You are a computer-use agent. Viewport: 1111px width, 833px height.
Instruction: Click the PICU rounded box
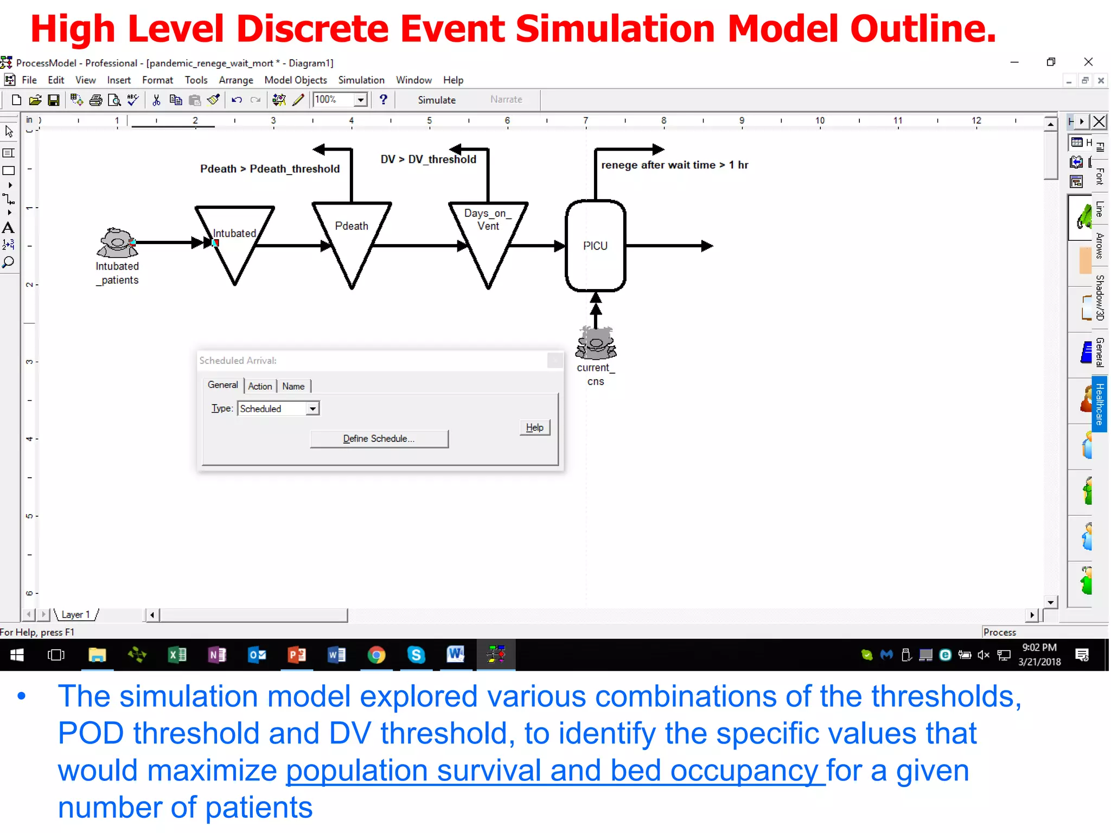coord(595,246)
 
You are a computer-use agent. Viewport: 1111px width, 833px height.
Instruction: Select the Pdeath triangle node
coord(352,239)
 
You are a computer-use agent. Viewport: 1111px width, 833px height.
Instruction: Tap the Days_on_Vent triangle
coord(488,239)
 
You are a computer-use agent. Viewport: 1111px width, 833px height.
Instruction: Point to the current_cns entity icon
coord(596,343)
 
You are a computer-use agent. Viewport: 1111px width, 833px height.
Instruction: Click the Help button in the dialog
coord(534,427)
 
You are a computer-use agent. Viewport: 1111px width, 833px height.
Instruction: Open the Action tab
coord(260,386)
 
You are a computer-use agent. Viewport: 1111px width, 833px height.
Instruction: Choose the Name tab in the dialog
coord(293,386)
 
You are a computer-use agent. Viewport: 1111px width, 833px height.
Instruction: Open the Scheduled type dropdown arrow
coord(312,409)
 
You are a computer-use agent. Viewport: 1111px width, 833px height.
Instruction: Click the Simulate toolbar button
coord(436,100)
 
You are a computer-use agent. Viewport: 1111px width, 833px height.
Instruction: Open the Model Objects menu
coord(296,80)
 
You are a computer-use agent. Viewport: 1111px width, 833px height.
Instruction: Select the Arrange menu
coord(236,80)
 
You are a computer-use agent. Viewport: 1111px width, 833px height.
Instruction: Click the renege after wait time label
coord(674,165)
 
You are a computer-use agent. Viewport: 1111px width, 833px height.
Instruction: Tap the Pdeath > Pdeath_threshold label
coord(270,169)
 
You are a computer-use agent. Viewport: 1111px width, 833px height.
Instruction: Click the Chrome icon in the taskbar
coord(376,655)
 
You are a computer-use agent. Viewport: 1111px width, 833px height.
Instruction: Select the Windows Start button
coord(17,655)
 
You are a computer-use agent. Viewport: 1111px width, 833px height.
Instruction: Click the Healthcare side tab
coord(1100,404)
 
